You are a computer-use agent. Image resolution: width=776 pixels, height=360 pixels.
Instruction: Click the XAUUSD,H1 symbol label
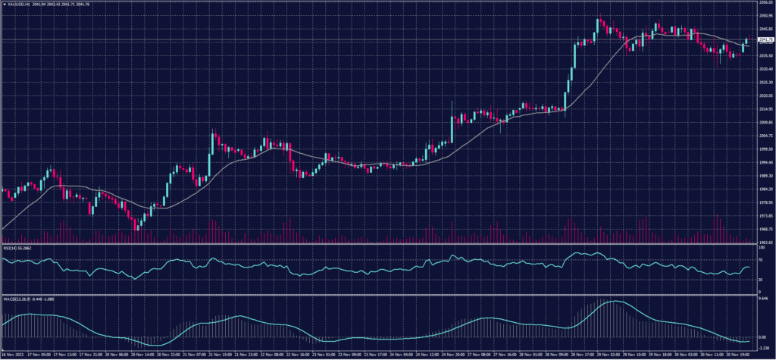point(22,4)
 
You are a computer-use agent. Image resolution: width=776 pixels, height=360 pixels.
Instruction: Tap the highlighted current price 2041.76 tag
point(763,39)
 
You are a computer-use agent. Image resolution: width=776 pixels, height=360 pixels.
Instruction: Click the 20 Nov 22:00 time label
point(167,354)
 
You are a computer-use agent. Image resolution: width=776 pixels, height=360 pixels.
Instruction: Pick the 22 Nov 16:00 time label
point(302,354)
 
